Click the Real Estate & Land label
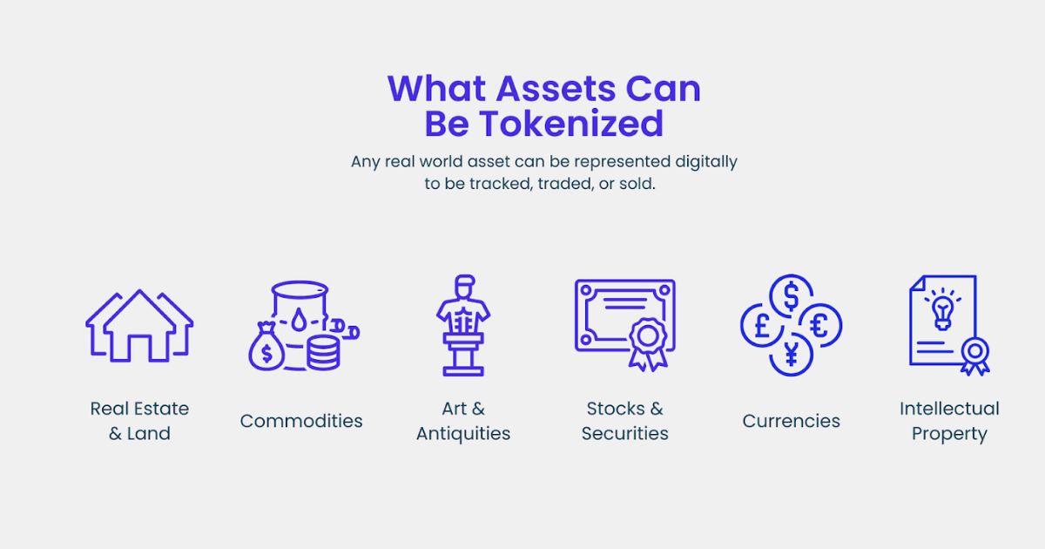139,421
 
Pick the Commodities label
301,421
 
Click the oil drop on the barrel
300,322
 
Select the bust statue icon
463,325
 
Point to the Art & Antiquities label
463,421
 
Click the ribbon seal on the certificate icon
648,337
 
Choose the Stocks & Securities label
625,421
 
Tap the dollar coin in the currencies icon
791,296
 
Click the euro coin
819,325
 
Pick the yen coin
791,354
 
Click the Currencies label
791,421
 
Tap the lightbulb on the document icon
942,308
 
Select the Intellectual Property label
949,421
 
